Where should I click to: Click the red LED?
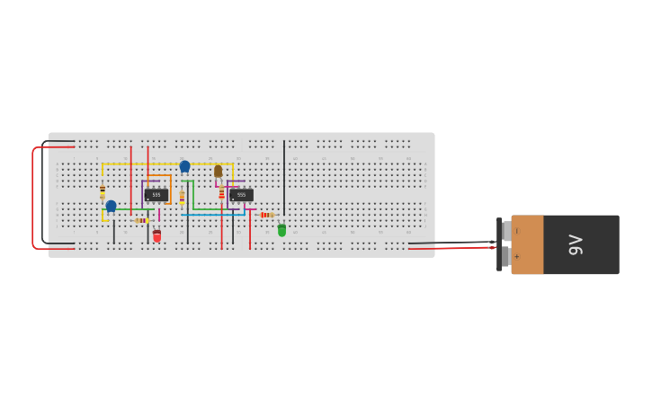click(x=156, y=235)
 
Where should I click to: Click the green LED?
click(x=281, y=230)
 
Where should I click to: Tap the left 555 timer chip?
click(x=156, y=194)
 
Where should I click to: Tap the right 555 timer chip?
click(x=241, y=195)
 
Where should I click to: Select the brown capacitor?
click(x=218, y=171)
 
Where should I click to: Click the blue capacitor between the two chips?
click(x=184, y=166)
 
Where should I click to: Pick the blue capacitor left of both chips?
click(x=111, y=206)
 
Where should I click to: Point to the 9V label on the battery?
click(x=576, y=244)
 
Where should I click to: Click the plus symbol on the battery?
click(x=516, y=257)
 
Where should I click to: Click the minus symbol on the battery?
click(x=516, y=231)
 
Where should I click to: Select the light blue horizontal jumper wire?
click(x=212, y=215)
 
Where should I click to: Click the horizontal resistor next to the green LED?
click(x=265, y=215)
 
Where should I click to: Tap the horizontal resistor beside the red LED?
click(x=141, y=220)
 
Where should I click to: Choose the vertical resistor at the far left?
click(x=103, y=191)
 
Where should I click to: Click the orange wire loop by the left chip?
click(x=170, y=189)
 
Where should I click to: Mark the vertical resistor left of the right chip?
click(x=221, y=193)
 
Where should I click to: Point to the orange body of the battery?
click(x=527, y=244)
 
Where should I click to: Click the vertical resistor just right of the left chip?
click(x=182, y=197)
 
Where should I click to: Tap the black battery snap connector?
click(x=500, y=244)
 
